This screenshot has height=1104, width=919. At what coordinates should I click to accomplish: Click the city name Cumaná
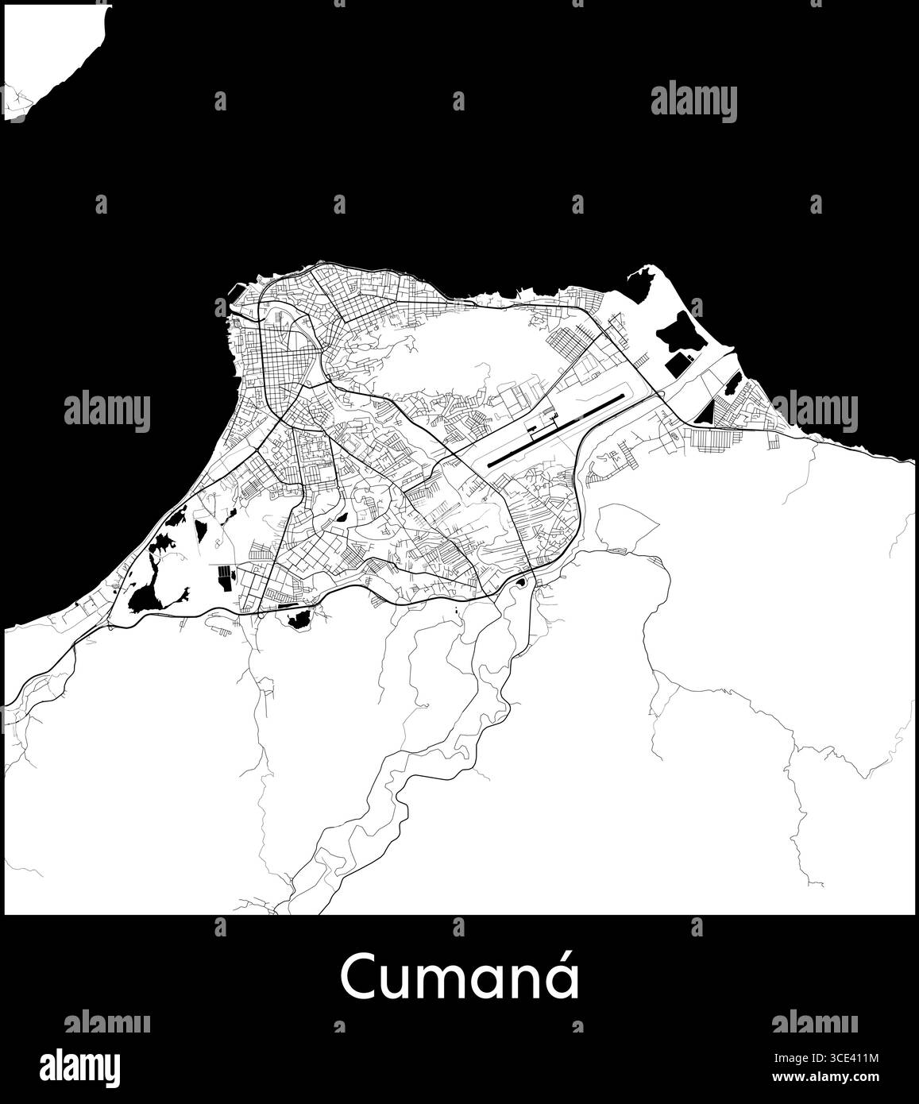coord(460,978)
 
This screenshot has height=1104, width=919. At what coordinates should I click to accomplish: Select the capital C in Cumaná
coord(358,979)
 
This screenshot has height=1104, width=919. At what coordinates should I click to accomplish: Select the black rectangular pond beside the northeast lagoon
coord(677,365)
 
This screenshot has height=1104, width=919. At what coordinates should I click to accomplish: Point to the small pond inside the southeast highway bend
coord(520,585)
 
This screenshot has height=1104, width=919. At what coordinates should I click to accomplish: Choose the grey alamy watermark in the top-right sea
coord(693,103)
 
